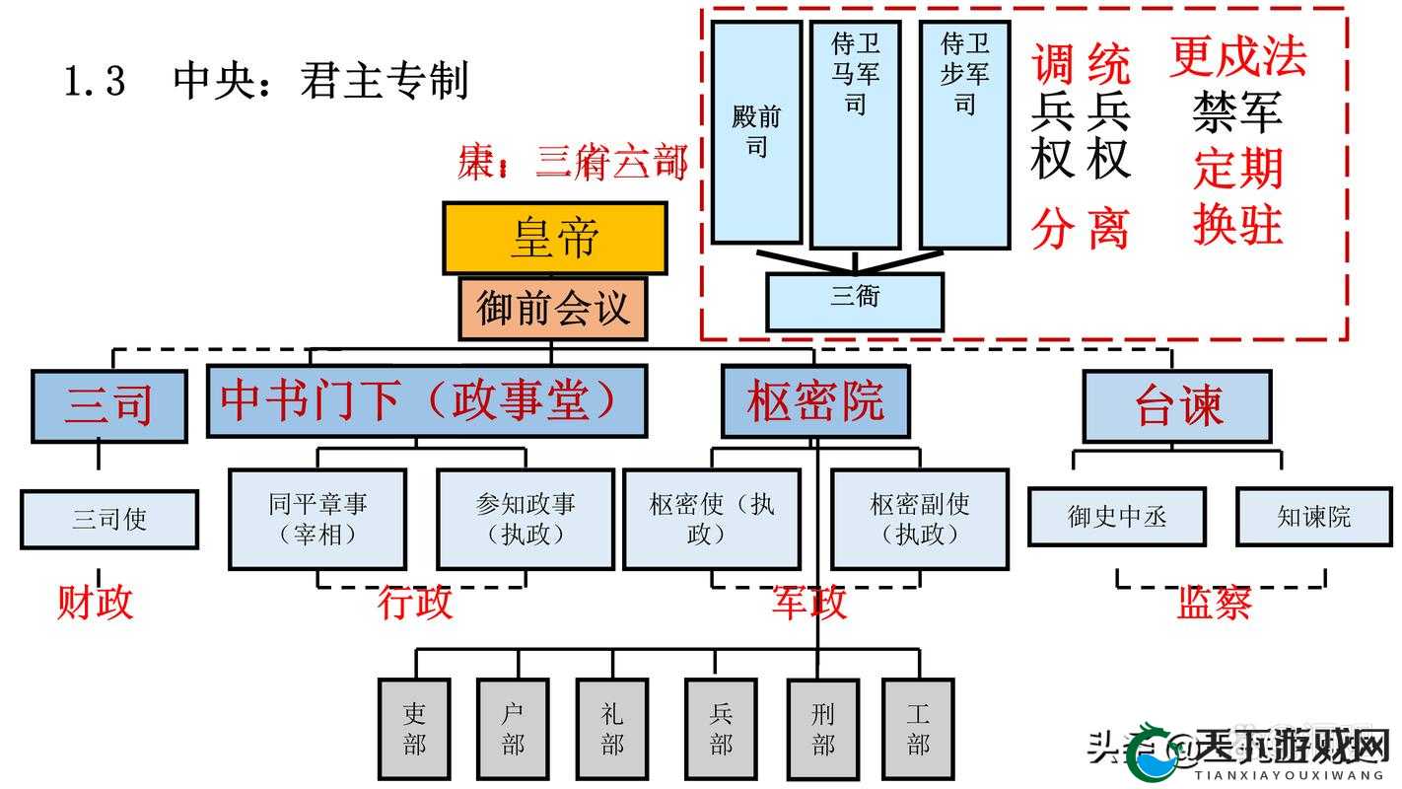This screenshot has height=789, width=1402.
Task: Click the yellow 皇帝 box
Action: tap(554, 238)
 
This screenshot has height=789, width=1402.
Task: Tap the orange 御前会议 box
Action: tap(552, 309)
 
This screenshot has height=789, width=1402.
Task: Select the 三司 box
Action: tap(108, 405)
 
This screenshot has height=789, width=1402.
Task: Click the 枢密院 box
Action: tap(815, 401)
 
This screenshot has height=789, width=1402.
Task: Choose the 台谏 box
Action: tap(1177, 406)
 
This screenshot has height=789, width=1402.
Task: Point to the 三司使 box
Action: tap(108, 519)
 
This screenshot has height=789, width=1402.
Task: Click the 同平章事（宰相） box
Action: tap(317, 519)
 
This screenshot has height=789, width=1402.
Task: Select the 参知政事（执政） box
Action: tap(525, 519)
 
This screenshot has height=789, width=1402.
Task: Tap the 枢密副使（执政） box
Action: tap(920, 519)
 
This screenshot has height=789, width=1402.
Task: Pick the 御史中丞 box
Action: tap(1116, 517)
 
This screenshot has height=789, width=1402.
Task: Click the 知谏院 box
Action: tap(1313, 517)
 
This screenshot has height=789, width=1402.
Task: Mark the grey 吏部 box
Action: tap(414, 729)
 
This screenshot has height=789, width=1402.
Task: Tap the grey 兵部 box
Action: tap(721, 729)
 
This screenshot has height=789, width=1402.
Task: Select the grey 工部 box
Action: tap(918, 729)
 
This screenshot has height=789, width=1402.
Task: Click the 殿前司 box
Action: tap(756, 132)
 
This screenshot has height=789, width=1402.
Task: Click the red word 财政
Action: tap(95, 602)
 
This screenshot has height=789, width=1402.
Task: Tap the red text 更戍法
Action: tap(1237, 56)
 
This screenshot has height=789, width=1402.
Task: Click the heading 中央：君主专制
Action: tap(319, 81)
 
